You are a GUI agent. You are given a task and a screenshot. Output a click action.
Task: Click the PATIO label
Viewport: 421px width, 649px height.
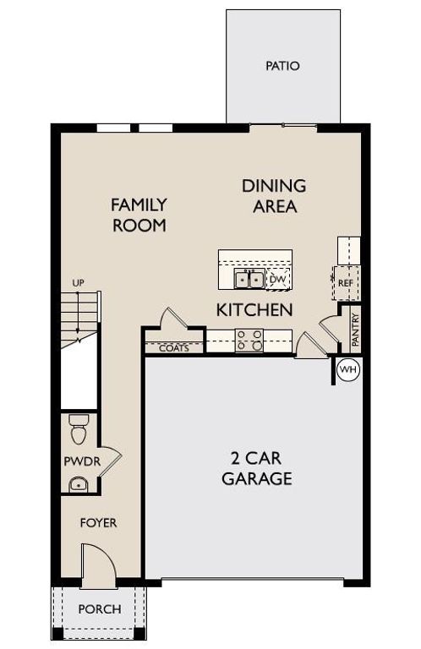click(x=282, y=66)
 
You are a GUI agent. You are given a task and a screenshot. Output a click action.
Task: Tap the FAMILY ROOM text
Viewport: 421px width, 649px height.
click(x=139, y=215)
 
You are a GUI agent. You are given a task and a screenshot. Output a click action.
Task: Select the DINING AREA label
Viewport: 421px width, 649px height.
click(x=274, y=195)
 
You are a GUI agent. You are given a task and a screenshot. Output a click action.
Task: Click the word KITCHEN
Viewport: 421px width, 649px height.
click(x=254, y=310)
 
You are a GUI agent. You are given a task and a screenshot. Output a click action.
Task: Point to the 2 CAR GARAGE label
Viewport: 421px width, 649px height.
click(x=257, y=469)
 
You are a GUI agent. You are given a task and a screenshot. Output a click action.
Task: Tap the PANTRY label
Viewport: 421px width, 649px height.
click(x=356, y=330)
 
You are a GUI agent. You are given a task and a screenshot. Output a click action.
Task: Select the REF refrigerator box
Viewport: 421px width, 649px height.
click(x=344, y=283)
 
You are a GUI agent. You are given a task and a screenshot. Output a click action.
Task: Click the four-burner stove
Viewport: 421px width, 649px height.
click(x=249, y=340)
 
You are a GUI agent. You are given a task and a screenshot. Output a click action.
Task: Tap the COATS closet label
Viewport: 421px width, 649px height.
click(x=174, y=347)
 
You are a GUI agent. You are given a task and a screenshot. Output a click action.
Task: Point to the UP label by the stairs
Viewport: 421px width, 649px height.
click(x=78, y=282)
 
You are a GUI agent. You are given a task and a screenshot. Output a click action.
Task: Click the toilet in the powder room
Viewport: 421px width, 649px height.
click(x=79, y=430)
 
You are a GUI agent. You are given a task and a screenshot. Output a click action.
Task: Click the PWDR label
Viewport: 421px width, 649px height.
click(x=79, y=461)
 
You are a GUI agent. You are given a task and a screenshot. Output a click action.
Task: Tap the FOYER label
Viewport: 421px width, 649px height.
click(x=98, y=523)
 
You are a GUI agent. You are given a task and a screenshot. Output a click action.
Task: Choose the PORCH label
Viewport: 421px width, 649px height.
click(x=99, y=608)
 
